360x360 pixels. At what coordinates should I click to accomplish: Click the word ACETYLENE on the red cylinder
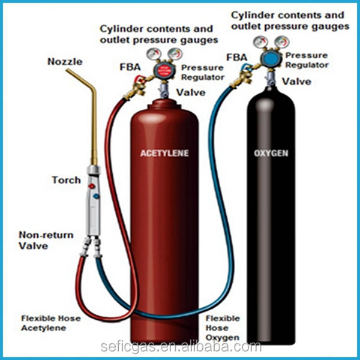pyautogui.click(x=164, y=153)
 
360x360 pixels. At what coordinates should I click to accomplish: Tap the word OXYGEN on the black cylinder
pyautogui.click(x=271, y=153)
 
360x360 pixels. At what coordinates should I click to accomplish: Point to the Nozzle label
pyautogui.click(x=65, y=62)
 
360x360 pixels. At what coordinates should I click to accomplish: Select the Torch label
pyautogui.click(x=67, y=180)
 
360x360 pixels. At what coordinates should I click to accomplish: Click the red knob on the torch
pyautogui.click(x=92, y=186)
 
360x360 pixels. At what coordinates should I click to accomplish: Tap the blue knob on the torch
pyautogui.click(x=97, y=196)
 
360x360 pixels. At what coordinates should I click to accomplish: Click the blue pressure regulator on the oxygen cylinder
pyautogui.click(x=271, y=58)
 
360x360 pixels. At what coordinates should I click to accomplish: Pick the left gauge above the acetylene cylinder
pyautogui.click(x=154, y=54)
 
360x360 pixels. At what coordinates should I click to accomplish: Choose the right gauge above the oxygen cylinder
pyautogui.click(x=282, y=42)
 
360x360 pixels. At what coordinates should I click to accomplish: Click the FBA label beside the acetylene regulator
pyautogui.click(x=130, y=67)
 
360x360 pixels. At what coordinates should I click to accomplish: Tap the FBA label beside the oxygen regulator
pyautogui.click(x=237, y=57)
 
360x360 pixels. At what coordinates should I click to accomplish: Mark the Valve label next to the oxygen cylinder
pyautogui.click(x=296, y=82)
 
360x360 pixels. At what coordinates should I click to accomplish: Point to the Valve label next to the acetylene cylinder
pyautogui.click(x=191, y=92)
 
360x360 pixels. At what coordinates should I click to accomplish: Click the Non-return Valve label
pyautogui.click(x=46, y=241)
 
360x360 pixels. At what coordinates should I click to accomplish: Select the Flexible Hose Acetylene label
pyautogui.click(x=51, y=323)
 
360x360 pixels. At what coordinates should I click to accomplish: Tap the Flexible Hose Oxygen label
pyautogui.click(x=223, y=328)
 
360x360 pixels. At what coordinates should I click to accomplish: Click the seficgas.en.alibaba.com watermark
pyautogui.click(x=181, y=346)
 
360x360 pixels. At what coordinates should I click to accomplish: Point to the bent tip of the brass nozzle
pyautogui.click(x=67, y=70)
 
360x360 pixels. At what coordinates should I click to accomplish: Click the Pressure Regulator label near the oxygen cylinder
pyautogui.click(x=307, y=60)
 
